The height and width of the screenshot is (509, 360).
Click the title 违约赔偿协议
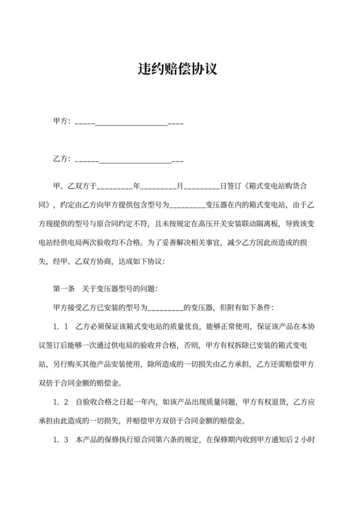pyautogui.click(x=179, y=69)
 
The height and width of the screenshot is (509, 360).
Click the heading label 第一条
pyautogui.click(x=64, y=289)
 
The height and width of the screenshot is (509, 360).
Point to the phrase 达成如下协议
pyautogui.click(x=141, y=262)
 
